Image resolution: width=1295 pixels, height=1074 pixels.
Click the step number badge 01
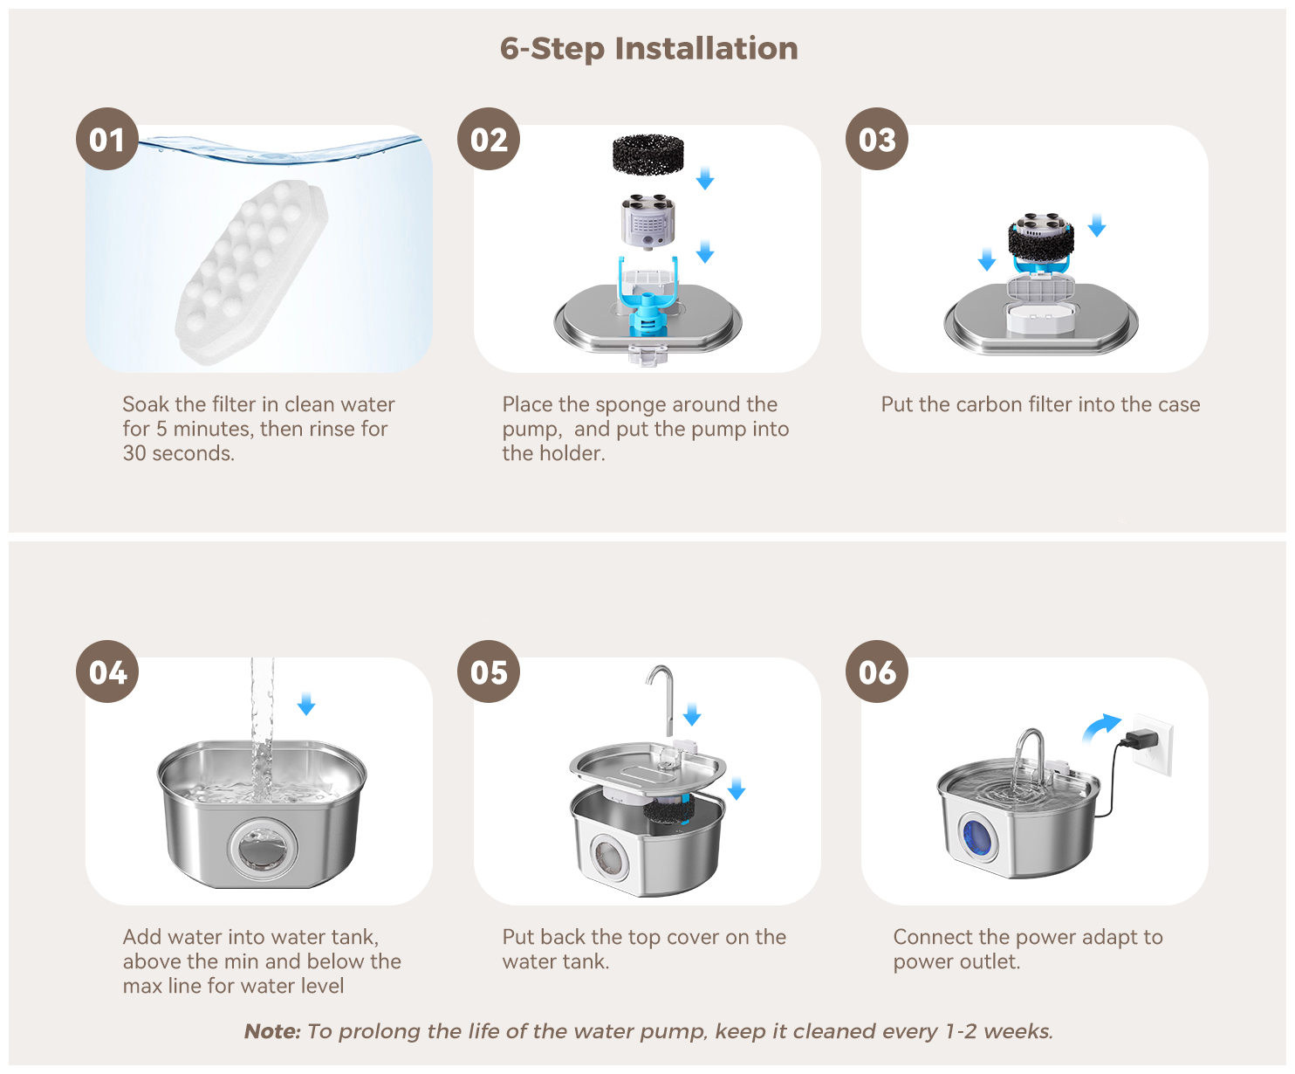[x=107, y=139]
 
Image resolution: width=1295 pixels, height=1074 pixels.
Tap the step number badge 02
[x=489, y=139]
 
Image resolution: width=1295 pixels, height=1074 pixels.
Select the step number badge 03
[x=877, y=139]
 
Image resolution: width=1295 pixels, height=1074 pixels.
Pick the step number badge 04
[x=107, y=671]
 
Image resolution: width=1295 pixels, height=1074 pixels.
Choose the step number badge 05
[x=489, y=671]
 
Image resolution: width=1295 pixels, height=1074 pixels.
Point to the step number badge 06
[x=877, y=671]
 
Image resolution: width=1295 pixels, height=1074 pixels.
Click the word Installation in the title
[x=706, y=48]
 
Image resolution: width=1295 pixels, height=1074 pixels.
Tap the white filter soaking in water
[x=251, y=272]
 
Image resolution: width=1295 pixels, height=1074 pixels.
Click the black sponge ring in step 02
[x=648, y=154]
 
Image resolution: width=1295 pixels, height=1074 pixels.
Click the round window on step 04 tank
[x=263, y=847]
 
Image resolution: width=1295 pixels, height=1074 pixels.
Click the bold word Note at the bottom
[x=272, y=1031]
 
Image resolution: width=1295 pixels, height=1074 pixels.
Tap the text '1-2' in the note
[x=961, y=1031]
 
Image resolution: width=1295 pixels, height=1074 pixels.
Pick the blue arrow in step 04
[x=306, y=704]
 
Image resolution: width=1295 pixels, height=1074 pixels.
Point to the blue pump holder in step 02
[x=647, y=298]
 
